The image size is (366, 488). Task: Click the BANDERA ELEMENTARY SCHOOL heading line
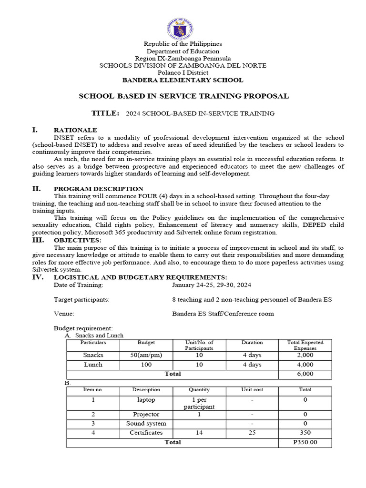click(x=183, y=80)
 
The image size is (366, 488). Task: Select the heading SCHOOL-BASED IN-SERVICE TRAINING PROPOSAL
click(x=183, y=96)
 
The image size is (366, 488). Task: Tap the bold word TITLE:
click(x=105, y=113)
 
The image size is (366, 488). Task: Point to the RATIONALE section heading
click(x=75, y=130)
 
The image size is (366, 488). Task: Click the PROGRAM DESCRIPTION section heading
click(x=98, y=189)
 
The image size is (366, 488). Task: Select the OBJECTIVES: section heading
click(x=77, y=240)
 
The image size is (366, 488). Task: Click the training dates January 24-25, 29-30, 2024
click(x=212, y=285)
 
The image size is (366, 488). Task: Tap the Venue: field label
click(x=64, y=314)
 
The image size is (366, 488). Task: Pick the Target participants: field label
click(x=81, y=299)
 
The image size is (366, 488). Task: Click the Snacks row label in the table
click(x=93, y=355)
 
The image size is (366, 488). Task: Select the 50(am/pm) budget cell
click(x=146, y=355)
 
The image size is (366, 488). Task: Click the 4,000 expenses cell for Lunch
click(x=305, y=365)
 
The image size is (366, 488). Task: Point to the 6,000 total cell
click(x=305, y=374)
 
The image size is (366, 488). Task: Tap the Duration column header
click(x=252, y=342)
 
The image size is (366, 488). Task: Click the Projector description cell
click(x=146, y=414)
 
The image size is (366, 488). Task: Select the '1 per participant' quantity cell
click(x=199, y=403)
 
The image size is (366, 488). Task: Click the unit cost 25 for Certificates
click(x=252, y=433)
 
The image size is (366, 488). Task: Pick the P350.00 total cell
click(x=305, y=442)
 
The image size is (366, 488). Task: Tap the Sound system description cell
click(x=146, y=423)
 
